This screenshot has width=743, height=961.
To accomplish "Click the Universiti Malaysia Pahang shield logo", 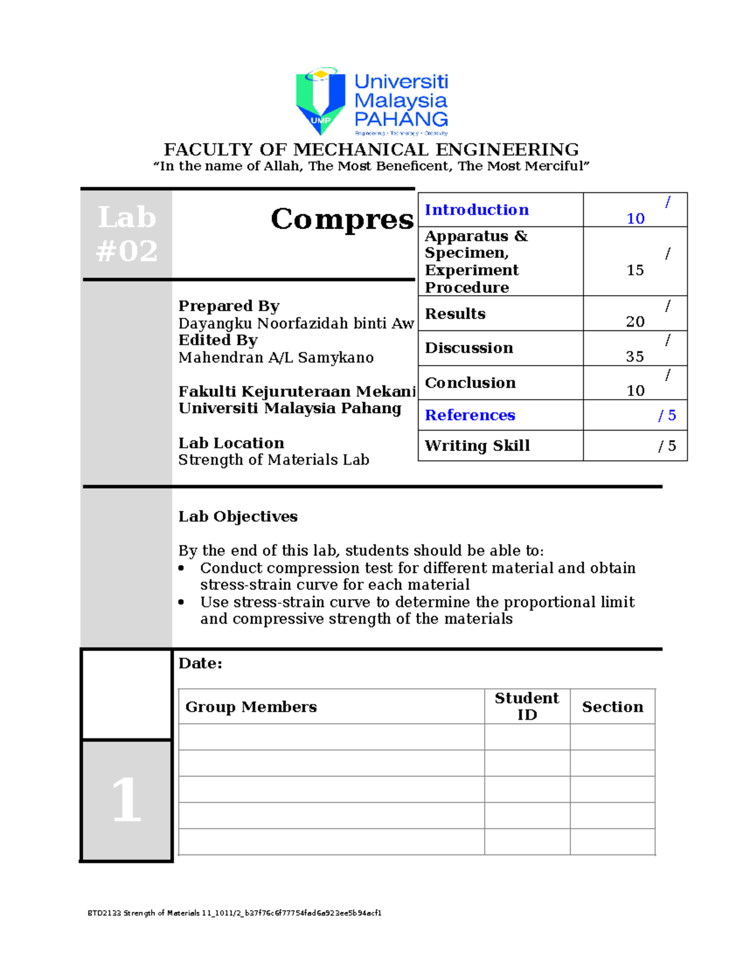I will pos(320,101).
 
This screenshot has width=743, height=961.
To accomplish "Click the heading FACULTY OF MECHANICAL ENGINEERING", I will pos(371,150).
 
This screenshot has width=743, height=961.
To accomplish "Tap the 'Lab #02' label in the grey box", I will pos(127,234).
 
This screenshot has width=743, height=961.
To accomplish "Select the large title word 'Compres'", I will pos(342,219).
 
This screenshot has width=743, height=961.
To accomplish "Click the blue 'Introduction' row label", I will pos(477,210).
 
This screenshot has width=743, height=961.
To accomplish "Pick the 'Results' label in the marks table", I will pos(455,314).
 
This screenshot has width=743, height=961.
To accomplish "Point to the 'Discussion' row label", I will pos(469,348).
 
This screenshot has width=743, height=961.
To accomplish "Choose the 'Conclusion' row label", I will pos(470,383).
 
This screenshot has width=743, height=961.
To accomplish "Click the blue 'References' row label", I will pos(470,415).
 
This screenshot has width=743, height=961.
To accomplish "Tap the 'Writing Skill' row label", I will pos(477,446).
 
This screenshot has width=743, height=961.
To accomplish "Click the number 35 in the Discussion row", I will pos(635,356).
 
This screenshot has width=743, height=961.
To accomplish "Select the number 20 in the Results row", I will pos(635,322).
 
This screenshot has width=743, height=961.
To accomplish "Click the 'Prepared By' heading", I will pos(229,306).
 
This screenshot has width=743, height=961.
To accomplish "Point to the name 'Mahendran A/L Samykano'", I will pos(276,358).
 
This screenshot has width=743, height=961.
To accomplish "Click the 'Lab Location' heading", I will pos(231,443).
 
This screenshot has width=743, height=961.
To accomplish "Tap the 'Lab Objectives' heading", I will pos(238,517).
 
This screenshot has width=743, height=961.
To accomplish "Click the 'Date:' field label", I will pos(200,663).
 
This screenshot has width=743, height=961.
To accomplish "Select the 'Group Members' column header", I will pos(251,707).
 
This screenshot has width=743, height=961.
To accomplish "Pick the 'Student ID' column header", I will pos(527,706).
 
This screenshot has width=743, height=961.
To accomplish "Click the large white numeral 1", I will pos(127,800).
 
